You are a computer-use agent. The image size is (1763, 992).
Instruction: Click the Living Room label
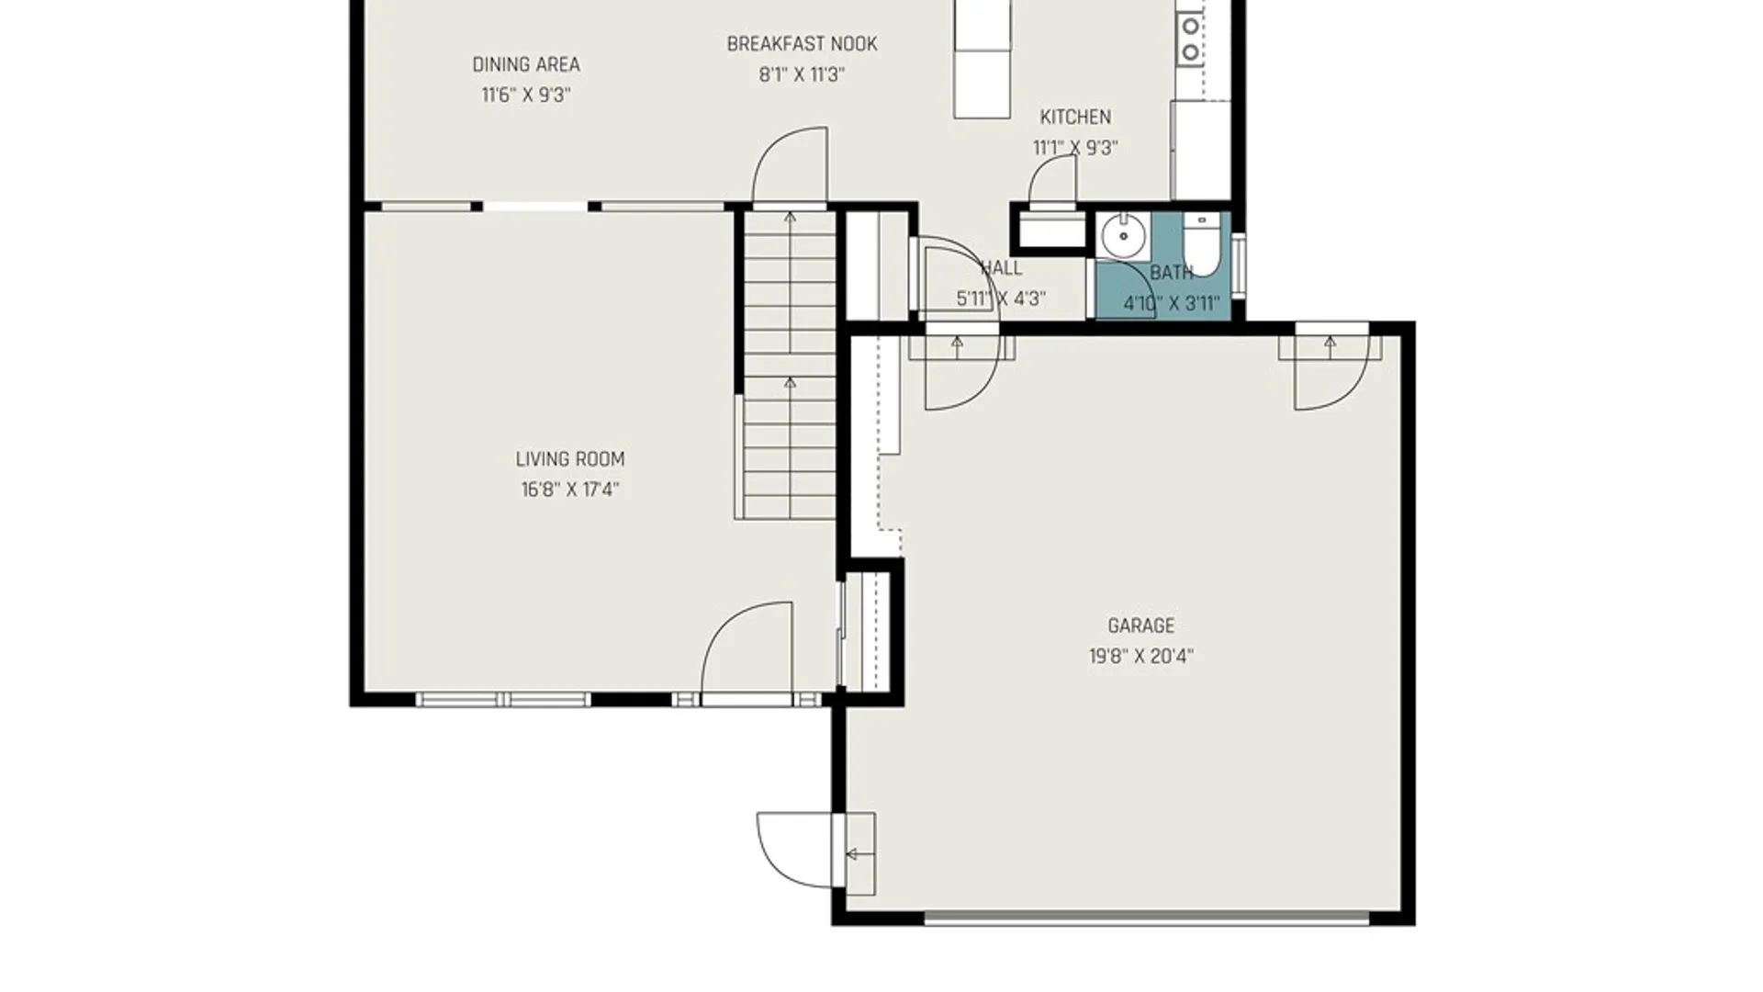pos(569,459)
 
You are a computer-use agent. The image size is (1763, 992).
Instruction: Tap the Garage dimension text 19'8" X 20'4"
pos(1141,656)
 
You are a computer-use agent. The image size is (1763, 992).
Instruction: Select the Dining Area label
pos(526,64)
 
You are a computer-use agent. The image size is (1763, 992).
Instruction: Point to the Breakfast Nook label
pos(802,44)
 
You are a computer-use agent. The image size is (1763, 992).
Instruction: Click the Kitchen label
pos(1075,117)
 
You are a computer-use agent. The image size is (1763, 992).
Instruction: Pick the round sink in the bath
pos(1121,236)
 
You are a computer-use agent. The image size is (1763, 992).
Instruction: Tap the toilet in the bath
pos(1200,243)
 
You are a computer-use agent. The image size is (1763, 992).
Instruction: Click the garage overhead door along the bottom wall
pos(1147,918)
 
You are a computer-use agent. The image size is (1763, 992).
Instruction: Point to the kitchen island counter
pos(983,59)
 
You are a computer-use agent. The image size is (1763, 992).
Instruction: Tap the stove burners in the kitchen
pos(1190,37)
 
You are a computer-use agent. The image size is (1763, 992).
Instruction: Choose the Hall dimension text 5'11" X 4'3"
pos(1001,299)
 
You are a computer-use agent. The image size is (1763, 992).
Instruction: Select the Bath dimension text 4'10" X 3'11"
pos(1172,303)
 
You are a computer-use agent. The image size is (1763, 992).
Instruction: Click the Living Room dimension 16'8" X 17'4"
pos(569,490)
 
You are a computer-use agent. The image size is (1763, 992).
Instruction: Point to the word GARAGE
pos(1141,626)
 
